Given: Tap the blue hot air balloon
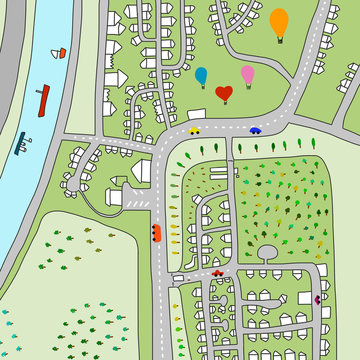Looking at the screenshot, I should pyautogui.click(x=201, y=75).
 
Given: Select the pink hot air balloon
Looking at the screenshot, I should pyautogui.click(x=247, y=74).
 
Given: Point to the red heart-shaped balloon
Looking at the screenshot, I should pyautogui.click(x=224, y=94).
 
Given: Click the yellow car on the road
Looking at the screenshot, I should pyautogui.click(x=194, y=129).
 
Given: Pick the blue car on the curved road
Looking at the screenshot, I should pyautogui.click(x=256, y=129).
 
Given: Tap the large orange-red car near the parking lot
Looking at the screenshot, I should pyautogui.click(x=156, y=233).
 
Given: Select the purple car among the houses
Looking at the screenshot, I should pyautogui.click(x=318, y=298).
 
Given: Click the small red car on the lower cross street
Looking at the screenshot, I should pyautogui.click(x=217, y=273).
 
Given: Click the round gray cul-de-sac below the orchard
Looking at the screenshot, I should pyautogui.click(x=267, y=252).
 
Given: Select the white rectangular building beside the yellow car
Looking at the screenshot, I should pyautogui.click(x=191, y=115).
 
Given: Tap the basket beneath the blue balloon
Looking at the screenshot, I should pyautogui.click(x=201, y=88).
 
